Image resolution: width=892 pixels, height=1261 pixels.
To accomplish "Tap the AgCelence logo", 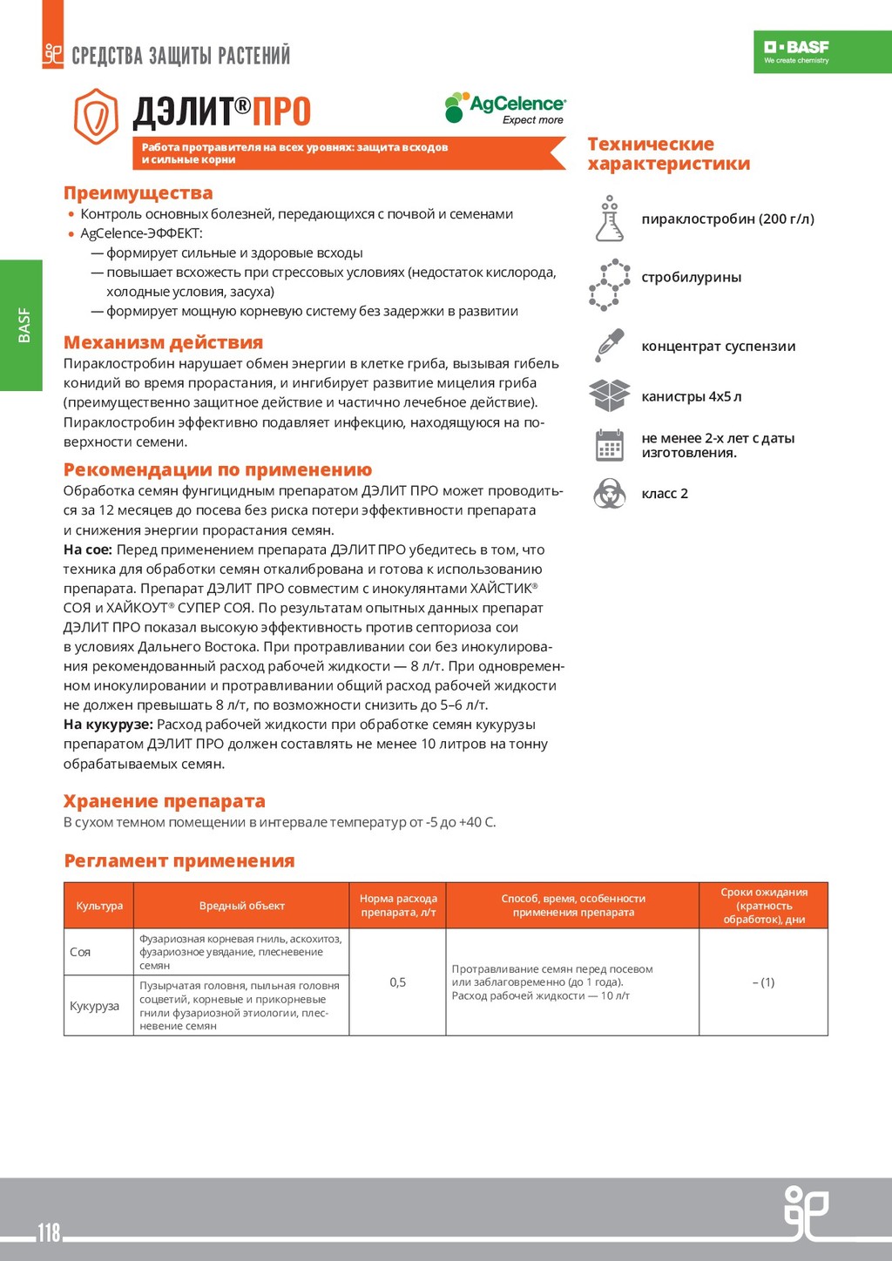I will pyautogui.click(x=505, y=109).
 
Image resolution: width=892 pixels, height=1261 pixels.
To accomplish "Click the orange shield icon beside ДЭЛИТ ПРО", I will pyautogui.click(x=96, y=116).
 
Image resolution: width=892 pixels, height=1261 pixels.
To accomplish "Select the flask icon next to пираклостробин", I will pyautogui.click(x=610, y=219).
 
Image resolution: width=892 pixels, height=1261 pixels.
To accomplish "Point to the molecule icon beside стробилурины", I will pyautogui.click(x=610, y=285).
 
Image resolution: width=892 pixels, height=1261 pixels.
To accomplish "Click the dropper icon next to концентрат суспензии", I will pyautogui.click(x=610, y=346).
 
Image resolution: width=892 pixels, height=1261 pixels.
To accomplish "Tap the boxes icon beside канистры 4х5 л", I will pyautogui.click(x=610, y=395).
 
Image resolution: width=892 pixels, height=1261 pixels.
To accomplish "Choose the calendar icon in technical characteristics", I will pyautogui.click(x=610, y=445).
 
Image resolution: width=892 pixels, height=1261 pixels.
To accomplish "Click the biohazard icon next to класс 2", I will pyautogui.click(x=610, y=494).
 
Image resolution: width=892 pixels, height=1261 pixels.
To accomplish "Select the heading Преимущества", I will pyautogui.click(x=138, y=193).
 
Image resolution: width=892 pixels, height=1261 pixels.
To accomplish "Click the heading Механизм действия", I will pyautogui.click(x=163, y=343).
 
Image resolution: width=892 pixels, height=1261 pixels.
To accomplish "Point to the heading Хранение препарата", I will pyautogui.click(x=164, y=801).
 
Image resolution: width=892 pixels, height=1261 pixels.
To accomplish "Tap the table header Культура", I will pyautogui.click(x=99, y=906).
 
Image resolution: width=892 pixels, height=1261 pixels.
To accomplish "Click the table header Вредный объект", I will pyautogui.click(x=241, y=906).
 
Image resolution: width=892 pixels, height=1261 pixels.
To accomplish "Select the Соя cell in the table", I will pyautogui.click(x=80, y=952).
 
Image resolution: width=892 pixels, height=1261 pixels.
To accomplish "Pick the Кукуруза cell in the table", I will pyautogui.click(x=94, y=1006).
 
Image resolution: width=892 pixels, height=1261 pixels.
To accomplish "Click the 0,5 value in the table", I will pyautogui.click(x=397, y=982).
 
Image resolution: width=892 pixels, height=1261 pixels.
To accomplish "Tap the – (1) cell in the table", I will pyautogui.click(x=763, y=982).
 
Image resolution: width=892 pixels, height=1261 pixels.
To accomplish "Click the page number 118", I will pyautogui.click(x=49, y=1232).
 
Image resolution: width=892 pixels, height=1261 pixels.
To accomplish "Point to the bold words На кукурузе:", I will pyautogui.click(x=108, y=725).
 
